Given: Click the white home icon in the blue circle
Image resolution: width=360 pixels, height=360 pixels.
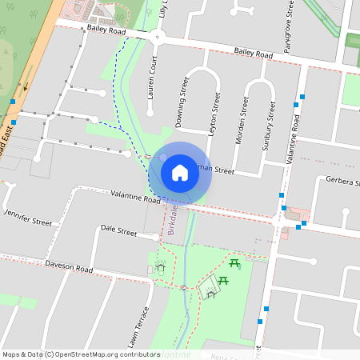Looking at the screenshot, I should pos(179,172).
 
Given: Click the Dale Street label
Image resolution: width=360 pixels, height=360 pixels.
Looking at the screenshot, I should pos(119,230).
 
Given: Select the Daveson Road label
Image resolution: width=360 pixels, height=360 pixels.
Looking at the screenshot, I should pos(69,265).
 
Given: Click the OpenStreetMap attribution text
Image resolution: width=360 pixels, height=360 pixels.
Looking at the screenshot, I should pos(81,354).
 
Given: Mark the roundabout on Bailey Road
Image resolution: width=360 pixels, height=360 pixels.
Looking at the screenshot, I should pos(158,36).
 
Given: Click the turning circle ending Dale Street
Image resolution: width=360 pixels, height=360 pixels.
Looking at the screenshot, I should pos(158,236).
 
